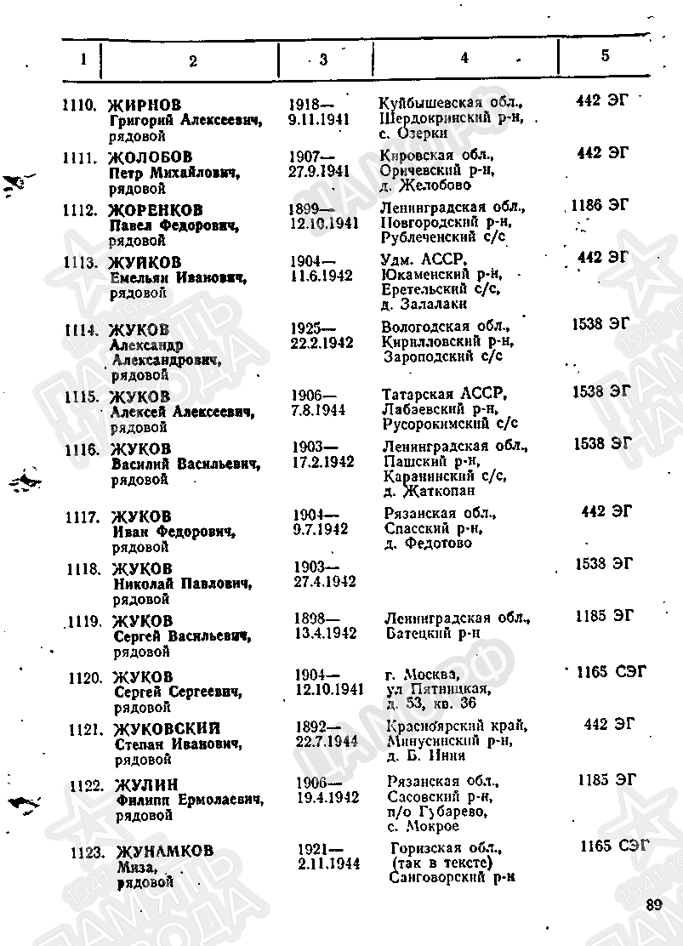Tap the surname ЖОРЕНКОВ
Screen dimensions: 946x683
click(x=157, y=210)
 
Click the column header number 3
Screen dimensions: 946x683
click(x=323, y=59)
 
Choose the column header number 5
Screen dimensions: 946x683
click(x=605, y=55)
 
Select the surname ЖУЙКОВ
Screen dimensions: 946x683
click(x=145, y=262)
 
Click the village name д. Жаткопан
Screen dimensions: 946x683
click(x=430, y=491)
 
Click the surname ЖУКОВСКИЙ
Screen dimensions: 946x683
click(x=167, y=728)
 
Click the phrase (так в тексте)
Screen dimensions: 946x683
click(x=441, y=863)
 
